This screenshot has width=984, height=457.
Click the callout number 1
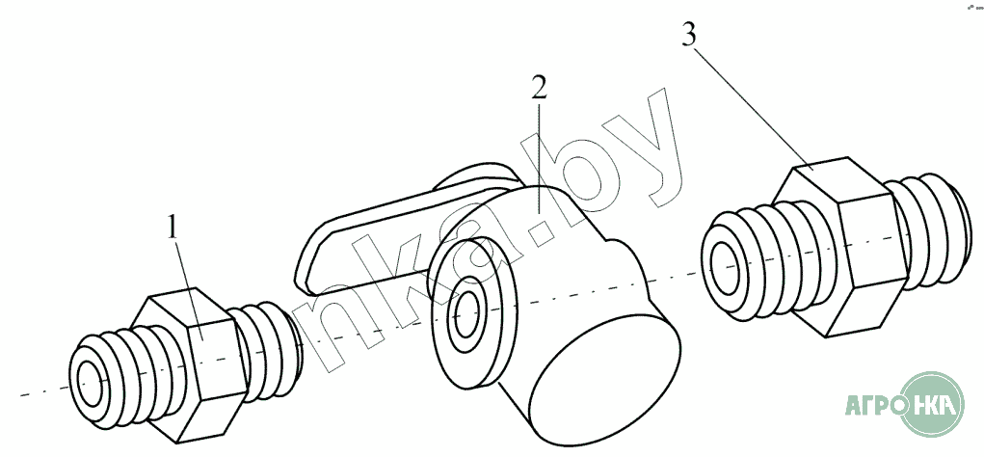pyautogui.click(x=173, y=228)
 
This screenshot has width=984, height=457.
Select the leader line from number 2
pyautogui.click(x=539, y=154)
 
